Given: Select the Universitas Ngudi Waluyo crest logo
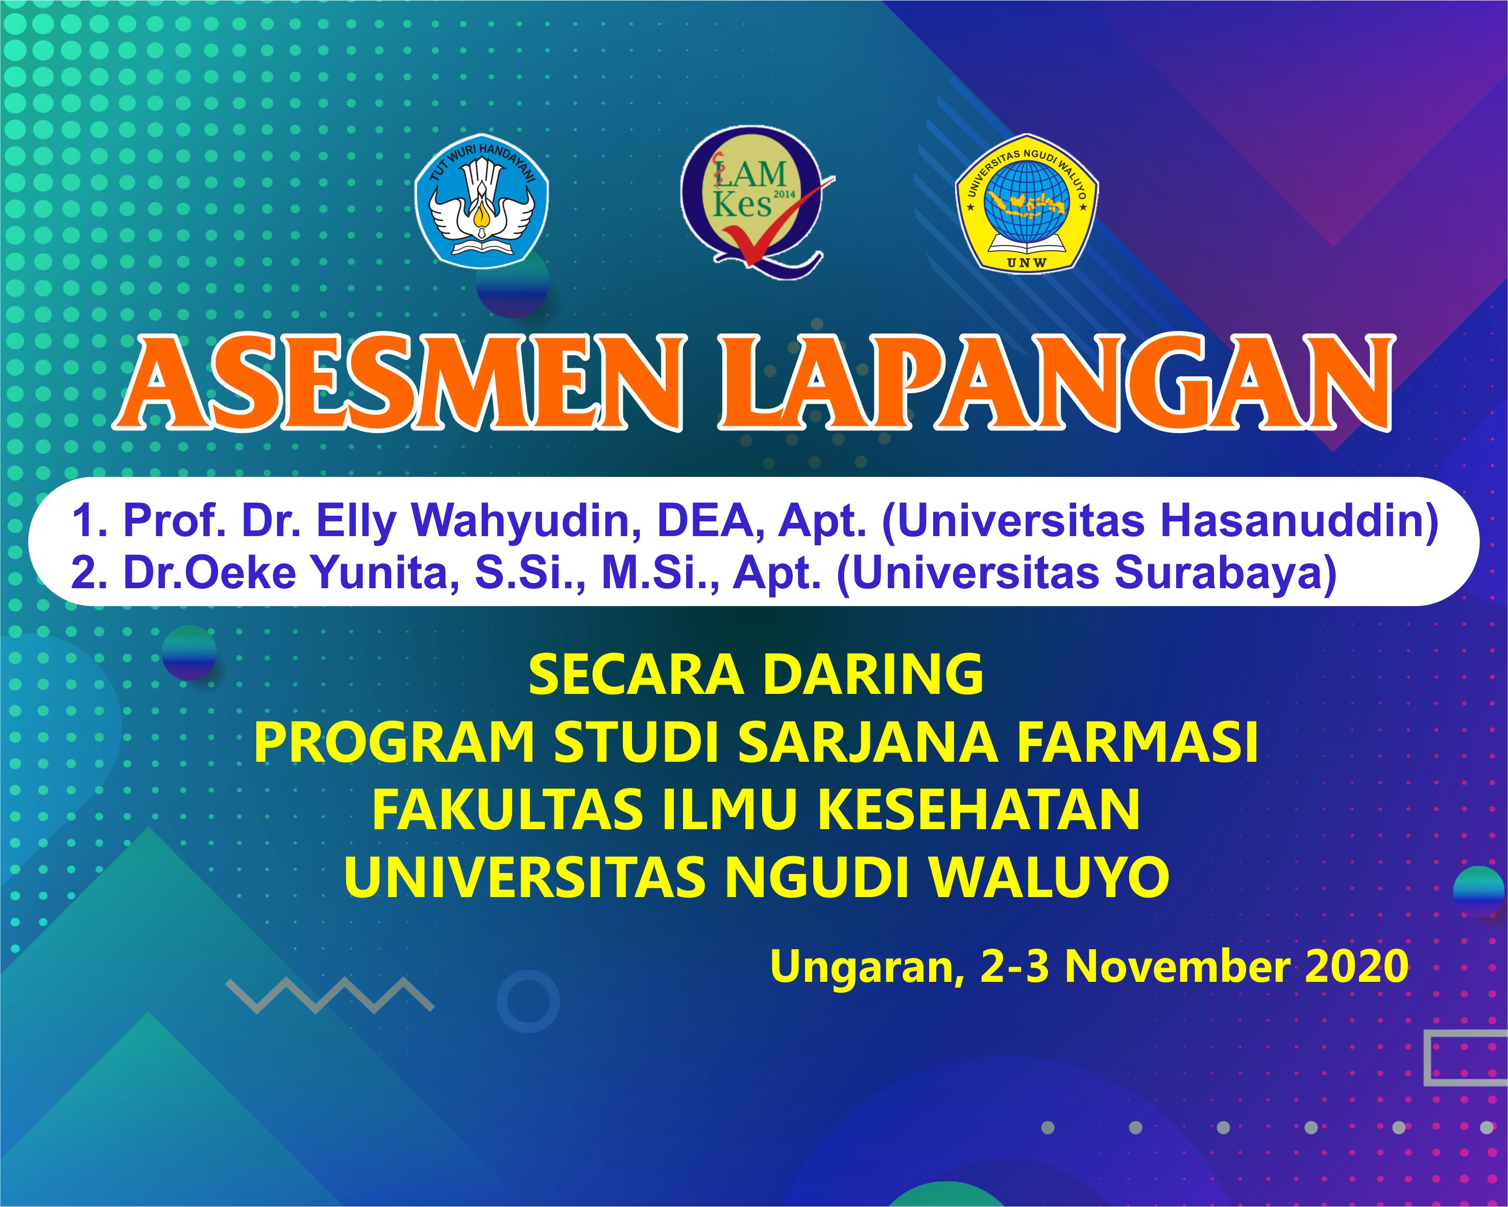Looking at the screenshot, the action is click(x=1027, y=202).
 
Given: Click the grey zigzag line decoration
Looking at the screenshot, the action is click(x=330, y=996).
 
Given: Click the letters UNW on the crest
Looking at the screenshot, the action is click(x=1026, y=262).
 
